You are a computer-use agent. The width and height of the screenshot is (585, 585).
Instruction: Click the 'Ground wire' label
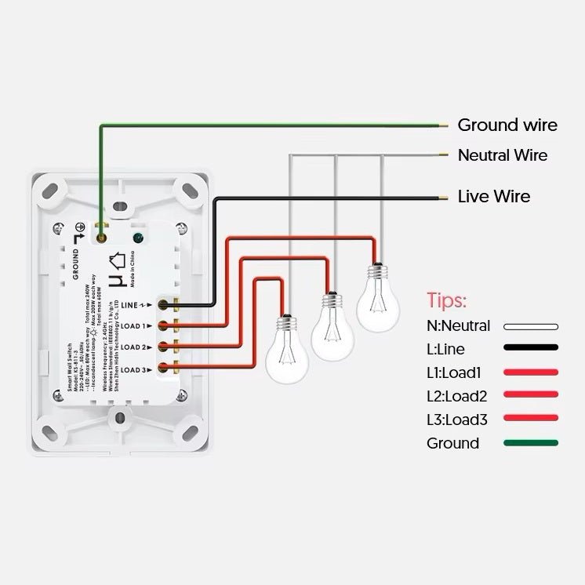click(x=507, y=125)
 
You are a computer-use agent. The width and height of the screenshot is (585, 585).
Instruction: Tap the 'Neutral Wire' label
click(x=502, y=155)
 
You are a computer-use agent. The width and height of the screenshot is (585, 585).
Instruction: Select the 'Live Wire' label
click(x=493, y=196)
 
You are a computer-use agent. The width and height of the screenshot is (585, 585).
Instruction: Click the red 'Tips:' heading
click(x=447, y=301)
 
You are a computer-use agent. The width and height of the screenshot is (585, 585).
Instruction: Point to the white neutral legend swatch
click(x=531, y=326)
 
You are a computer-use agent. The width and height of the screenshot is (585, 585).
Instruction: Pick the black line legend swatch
click(x=531, y=348)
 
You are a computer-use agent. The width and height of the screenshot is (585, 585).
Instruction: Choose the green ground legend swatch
click(x=531, y=443)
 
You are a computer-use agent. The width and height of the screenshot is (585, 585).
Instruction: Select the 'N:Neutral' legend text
click(x=458, y=325)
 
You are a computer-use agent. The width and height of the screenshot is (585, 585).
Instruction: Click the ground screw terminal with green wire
click(x=101, y=232)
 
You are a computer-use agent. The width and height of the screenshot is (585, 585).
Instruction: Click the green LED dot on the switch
click(x=139, y=237)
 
